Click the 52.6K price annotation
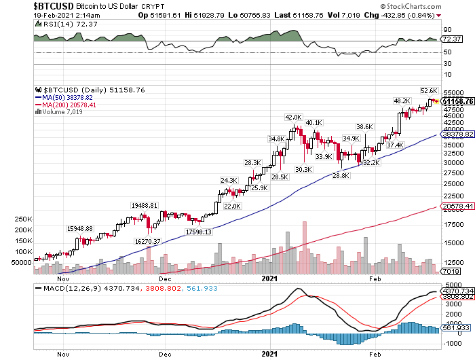(x=429, y=90)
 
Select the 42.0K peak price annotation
(x=293, y=117)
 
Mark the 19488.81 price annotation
(x=144, y=205)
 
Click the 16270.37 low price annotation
(x=147, y=241)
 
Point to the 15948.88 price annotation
(x=80, y=228)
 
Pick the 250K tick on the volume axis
(x=22, y=219)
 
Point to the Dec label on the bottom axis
(x=164, y=354)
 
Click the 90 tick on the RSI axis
(x=447, y=30)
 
